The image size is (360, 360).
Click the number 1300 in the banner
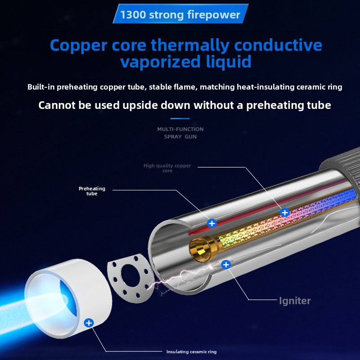133,15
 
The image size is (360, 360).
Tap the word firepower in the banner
213,15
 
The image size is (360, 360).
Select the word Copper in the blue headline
78,46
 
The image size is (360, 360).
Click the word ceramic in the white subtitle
310,87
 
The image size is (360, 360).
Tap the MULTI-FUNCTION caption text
180,129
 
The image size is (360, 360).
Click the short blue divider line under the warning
180,118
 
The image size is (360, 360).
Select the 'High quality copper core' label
167,168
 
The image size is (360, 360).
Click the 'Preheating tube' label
92,191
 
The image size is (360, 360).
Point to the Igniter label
295,301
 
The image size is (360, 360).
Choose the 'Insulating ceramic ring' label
191,352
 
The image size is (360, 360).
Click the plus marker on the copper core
285,212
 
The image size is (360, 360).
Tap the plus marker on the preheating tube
211,223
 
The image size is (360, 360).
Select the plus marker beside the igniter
226,265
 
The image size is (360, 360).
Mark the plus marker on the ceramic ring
89,323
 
